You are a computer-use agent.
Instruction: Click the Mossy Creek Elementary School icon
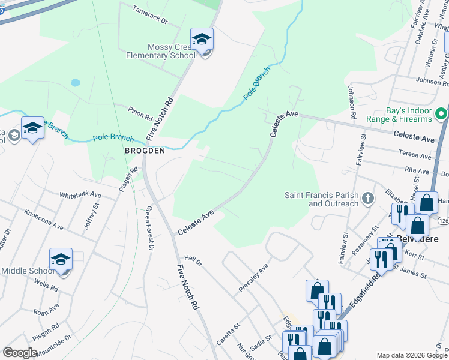[202, 40]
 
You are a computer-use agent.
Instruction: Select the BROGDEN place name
[144, 151]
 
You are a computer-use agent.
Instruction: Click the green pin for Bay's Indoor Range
[442, 113]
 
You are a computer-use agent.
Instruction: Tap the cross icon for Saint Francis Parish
[368, 197]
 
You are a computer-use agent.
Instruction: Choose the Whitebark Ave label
[80, 195]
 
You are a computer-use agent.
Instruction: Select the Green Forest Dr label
[150, 229]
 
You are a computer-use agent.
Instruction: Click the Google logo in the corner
[20, 353]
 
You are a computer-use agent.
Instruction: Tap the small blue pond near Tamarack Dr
[75, 83]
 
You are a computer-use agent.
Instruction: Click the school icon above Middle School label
[61, 260]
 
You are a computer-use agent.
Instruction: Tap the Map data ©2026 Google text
[411, 355]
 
